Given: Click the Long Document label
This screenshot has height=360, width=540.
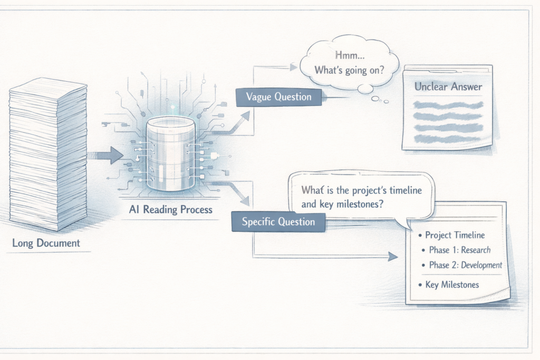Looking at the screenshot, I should coord(46,243).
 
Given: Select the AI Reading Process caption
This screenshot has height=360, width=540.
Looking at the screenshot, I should coord(170,210).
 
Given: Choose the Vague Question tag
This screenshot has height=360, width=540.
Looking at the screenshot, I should coord(278,96).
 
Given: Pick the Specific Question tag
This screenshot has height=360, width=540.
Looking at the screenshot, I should coord(278,221).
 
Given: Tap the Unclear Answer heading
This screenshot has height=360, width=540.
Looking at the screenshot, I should coord(448,86).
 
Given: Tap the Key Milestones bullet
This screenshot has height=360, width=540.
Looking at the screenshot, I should coord(452,285).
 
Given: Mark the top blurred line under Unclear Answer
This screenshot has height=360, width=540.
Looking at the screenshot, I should coord(448,105).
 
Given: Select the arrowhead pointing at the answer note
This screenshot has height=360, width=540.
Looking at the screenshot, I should coord(392,257).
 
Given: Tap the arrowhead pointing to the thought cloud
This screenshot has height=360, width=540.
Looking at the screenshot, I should coord(293,67).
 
